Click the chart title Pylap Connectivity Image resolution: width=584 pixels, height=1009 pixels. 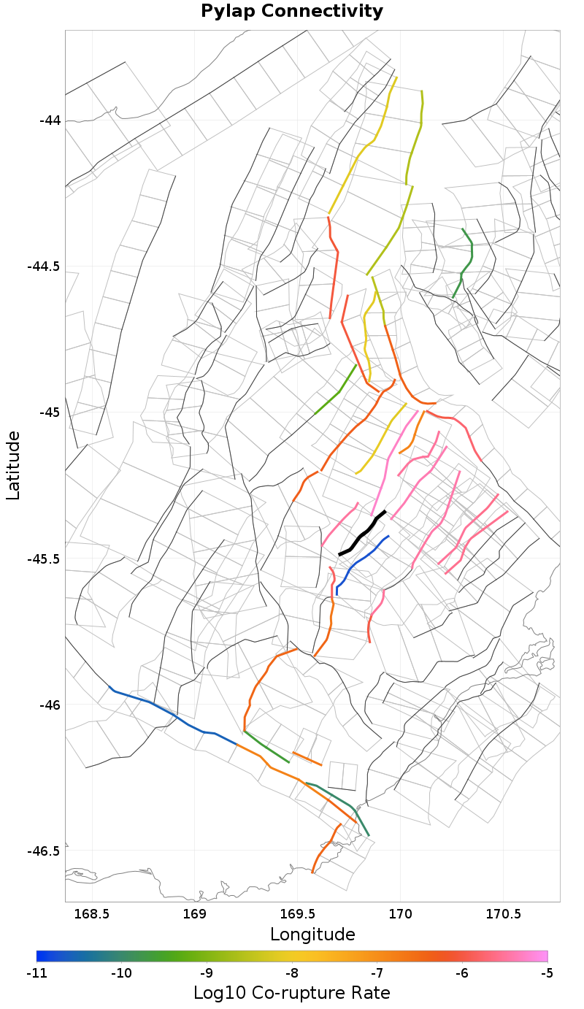click(292, 12)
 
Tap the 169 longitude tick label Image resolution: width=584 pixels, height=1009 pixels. click(195, 913)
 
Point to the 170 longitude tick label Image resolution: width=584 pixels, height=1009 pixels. click(401, 913)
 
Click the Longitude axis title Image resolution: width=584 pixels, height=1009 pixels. click(312, 935)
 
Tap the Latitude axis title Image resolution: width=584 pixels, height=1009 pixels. click(13, 465)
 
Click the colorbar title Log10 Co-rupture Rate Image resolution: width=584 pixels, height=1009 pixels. click(292, 993)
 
